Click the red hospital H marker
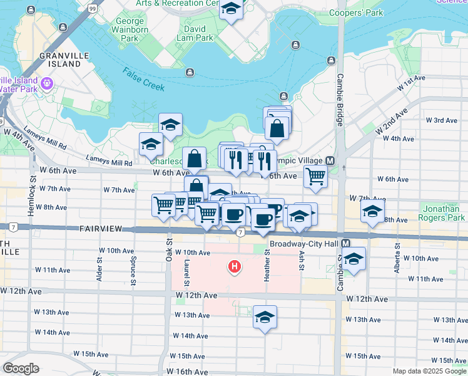(235, 268)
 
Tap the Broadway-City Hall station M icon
(345, 243)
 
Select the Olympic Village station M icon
(329, 161)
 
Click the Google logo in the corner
(21, 368)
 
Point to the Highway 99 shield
(93, 8)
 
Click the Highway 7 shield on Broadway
(240, 233)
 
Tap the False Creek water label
(144, 80)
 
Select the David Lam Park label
(195, 33)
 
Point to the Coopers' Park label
(356, 13)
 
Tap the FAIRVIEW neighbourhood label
(99, 230)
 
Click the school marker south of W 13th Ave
(265, 317)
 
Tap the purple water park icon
(46, 83)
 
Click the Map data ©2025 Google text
(429, 371)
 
